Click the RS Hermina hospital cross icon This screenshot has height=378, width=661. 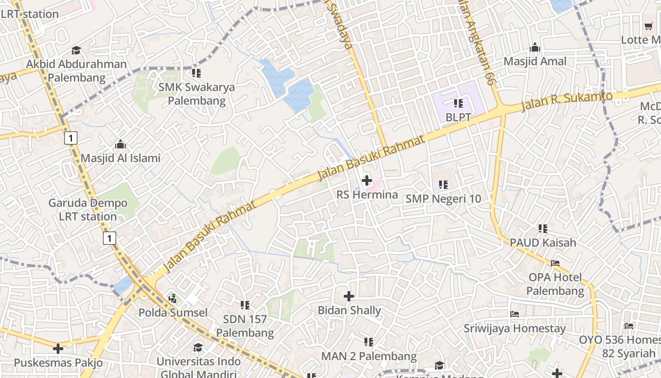366,180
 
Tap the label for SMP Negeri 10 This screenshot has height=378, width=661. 443,199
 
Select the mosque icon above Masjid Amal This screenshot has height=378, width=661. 535,47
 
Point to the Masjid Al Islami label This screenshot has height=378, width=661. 120,158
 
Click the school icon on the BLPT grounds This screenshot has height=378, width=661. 458,103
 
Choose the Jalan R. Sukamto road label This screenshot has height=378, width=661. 567,101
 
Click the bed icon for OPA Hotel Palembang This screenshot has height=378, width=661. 555,263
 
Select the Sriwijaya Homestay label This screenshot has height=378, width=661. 514,328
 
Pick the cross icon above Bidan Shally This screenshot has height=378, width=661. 349,296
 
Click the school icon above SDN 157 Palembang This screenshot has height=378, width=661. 245,305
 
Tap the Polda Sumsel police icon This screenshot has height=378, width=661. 173,298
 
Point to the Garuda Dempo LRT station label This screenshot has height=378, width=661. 88,210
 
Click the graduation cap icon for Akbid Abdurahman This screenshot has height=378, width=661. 76,50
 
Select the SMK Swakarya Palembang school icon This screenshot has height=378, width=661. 196,73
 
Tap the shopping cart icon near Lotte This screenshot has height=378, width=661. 648,26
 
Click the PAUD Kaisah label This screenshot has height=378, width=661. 542,243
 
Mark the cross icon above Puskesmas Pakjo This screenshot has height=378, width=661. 58,349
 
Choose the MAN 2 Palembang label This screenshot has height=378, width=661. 369,356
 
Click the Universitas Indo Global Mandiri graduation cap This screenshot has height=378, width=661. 198,348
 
